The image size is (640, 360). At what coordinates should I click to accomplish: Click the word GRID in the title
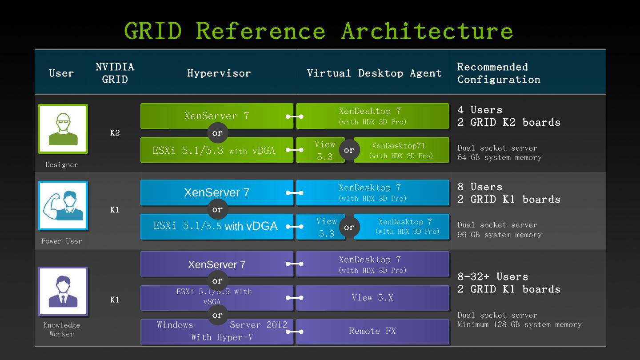153,31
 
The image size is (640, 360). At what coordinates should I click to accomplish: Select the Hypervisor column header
219,73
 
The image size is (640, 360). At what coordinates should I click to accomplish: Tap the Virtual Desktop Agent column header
374,73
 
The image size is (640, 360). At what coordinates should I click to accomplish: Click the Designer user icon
63,129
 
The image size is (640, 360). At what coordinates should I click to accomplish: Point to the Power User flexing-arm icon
63,206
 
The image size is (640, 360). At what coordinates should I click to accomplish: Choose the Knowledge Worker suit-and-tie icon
63,291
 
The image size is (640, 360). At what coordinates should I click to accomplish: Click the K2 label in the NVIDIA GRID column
115,133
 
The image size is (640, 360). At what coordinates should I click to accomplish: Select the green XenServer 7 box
217,116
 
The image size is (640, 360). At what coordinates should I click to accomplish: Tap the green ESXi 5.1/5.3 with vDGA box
217,150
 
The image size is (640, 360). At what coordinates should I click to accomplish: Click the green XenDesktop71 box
401,150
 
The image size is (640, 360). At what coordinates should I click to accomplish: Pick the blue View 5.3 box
320,227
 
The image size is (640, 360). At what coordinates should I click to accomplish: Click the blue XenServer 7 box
217,192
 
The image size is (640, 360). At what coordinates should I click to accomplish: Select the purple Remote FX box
372,332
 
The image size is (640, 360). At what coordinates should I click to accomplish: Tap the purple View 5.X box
372,298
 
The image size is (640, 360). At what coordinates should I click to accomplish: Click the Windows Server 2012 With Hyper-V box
217,332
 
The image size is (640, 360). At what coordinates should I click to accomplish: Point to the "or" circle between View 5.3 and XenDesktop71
349,150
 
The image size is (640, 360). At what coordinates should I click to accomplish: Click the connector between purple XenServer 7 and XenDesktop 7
295,264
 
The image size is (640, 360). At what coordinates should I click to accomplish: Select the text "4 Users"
480,110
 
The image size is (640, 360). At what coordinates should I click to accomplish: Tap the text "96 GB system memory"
500,235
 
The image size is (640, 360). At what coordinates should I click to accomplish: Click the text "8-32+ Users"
493,276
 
